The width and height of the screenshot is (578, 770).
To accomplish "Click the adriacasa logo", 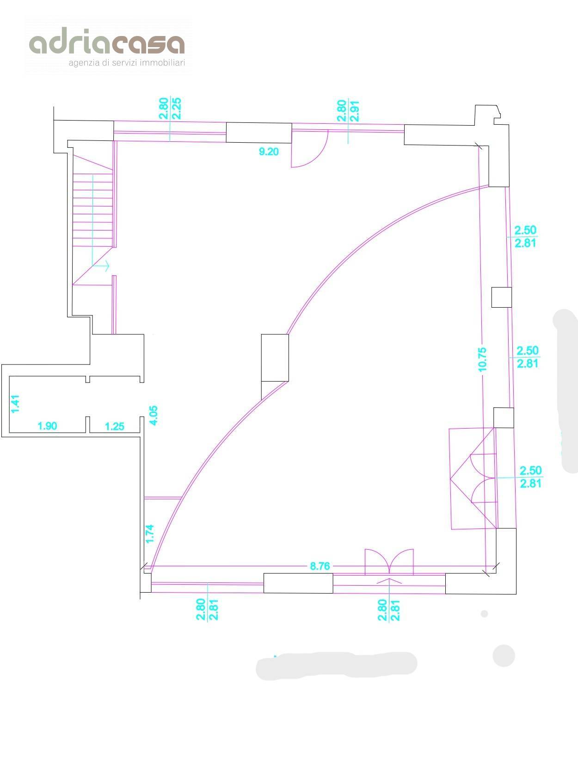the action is (107, 46).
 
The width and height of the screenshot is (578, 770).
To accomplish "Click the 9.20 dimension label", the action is (269, 152).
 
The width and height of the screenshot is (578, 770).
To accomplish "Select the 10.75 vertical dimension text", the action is (482, 359).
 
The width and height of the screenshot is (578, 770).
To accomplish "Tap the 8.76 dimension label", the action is (320, 566).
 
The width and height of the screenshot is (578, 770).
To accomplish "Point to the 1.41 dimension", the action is (15, 404).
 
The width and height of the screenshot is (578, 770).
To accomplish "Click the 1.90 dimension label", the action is (47, 426).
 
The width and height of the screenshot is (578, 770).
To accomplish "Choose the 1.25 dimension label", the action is (115, 426).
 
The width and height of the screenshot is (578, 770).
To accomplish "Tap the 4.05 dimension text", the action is (154, 415).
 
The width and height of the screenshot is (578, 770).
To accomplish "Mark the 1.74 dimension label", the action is (150, 534).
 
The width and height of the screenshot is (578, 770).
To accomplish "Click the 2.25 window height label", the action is (176, 109).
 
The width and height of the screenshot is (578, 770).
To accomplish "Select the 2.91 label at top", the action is (354, 111).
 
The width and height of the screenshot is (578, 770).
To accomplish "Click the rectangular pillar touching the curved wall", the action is (275, 358).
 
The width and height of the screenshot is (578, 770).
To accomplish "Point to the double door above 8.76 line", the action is (389, 562).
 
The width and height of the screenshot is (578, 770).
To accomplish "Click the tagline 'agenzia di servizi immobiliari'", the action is (126, 63).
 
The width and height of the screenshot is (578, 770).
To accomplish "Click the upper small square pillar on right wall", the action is (501, 297).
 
